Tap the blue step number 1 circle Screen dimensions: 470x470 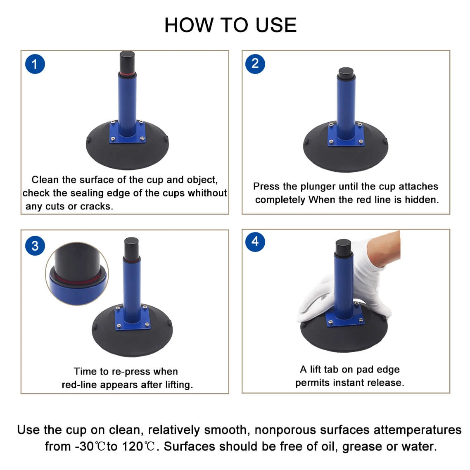35,64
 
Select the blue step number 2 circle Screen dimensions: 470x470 255,64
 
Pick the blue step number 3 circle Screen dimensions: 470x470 35,246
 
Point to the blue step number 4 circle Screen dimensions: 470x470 255,242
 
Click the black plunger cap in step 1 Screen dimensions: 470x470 127,62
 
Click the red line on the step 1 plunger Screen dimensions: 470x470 127,74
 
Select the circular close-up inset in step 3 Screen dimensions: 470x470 77,274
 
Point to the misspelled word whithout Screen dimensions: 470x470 207,193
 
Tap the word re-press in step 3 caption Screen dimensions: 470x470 131,372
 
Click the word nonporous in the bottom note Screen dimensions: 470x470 285,430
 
